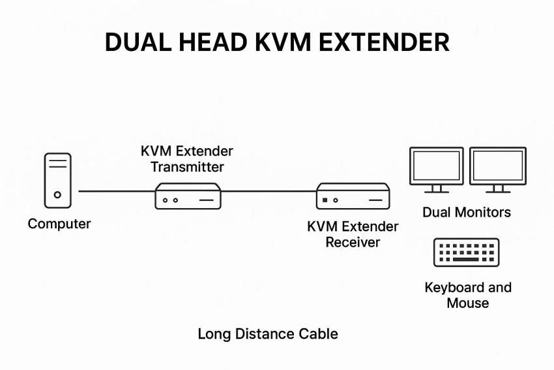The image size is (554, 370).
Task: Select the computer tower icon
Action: [x=58, y=180]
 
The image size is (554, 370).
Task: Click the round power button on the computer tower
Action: [x=58, y=194]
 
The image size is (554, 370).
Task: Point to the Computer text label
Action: [x=59, y=224]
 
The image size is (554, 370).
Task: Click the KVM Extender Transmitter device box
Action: [x=188, y=196]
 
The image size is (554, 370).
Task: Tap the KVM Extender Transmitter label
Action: [x=187, y=159]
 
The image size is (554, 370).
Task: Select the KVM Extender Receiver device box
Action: [x=353, y=196]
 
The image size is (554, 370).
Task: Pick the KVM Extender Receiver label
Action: [x=353, y=234]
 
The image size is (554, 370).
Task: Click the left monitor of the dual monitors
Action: [x=436, y=168]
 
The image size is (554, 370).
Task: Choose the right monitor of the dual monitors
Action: [x=498, y=168]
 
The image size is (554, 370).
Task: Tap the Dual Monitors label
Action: [x=467, y=212]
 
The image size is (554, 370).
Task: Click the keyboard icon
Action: [x=467, y=253]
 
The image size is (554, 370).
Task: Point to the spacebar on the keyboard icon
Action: [x=467, y=260]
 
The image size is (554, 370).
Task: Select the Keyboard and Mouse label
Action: [x=468, y=295]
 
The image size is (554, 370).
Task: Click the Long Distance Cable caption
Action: [x=268, y=334]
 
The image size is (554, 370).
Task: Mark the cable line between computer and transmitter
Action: [x=116, y=191]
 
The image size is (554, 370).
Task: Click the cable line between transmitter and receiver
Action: [x=269, y=191]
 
